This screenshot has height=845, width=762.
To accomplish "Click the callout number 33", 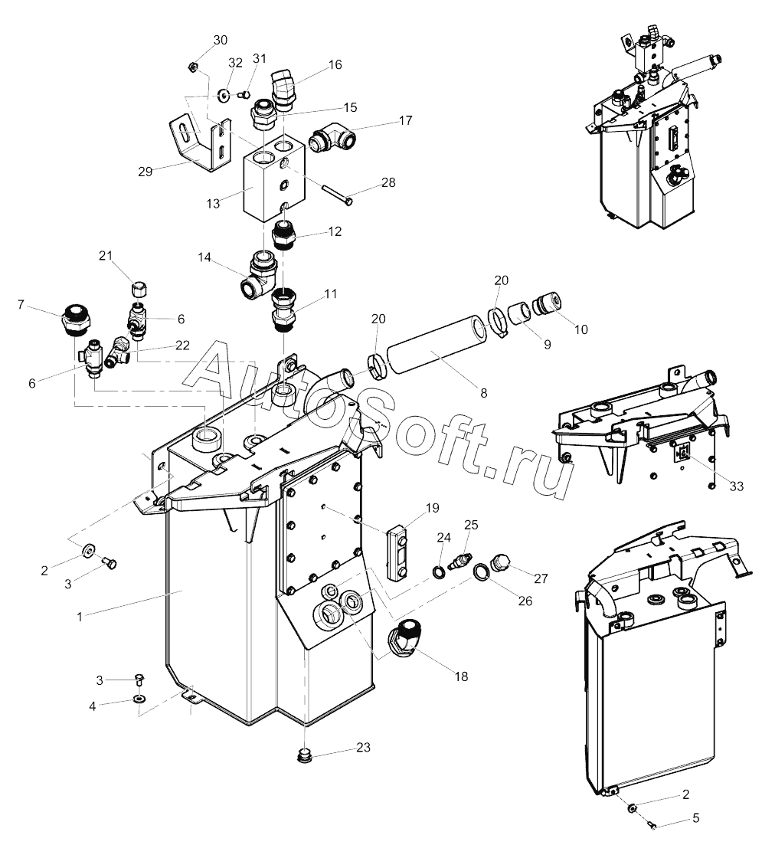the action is pyautogui.click(x=736, y=486).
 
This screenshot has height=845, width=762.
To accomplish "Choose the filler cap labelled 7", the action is pyautogui.click(x=75, y=319).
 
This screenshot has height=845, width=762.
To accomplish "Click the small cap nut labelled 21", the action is pyautogui.click(x=139, y=289).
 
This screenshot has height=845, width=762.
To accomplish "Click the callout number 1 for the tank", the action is pyautogui.click(x=79, y=617).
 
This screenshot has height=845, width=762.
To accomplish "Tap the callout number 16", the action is pyautogui.click(x=335, y=64).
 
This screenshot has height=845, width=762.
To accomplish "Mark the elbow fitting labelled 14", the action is pyautogui.click(x=259, y=275).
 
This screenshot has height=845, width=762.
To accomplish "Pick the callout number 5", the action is pyautogui.click(x=695, y=818).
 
